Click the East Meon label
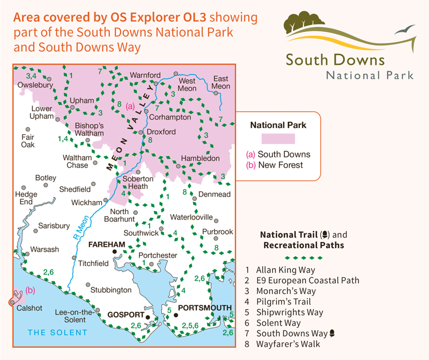click(x=221, y=82)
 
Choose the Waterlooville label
click(x=191, y=217)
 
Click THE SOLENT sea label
click(x=57, y=333)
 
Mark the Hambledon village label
click(x=201, y=159)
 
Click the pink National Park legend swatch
click(x=278, y=139)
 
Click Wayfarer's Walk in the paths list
click(x=284, y=344)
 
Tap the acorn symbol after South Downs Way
click(x=332, y=334)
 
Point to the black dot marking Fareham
click(x=114, y=251)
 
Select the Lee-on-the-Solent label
click(x=70, y=316)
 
